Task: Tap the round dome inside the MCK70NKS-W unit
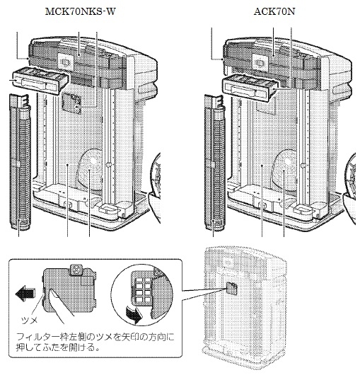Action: pos(92,166)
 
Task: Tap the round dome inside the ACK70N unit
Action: pos(286,166)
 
